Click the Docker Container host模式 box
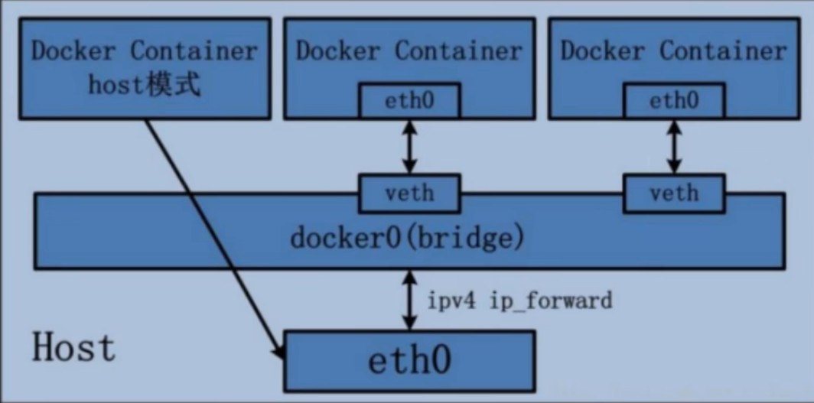pyautogui.click(x=144, y=69)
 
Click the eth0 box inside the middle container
pyautogui.click(x=410, y=101)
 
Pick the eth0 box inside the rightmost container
pyautogui.click(x=674, y=101)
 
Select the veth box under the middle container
pyautogui.click(x=410, y=192)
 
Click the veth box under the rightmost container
pyautogui.click(x=674, y=192)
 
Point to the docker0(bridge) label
pyautogui.click(x=407, y=238)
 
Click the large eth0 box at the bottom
pyautogui.click(x=410, y=360)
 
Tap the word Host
pyautogui.click(x=73, y=348)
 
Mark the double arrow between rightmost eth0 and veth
pyautogui.click(x=674, y=147)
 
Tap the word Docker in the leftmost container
pyautogui.click(x=73, y=51)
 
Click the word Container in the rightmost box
pyautogui.click(x=723, y=51)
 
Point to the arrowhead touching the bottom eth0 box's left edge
pyautogui.click(x=279, y=353)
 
